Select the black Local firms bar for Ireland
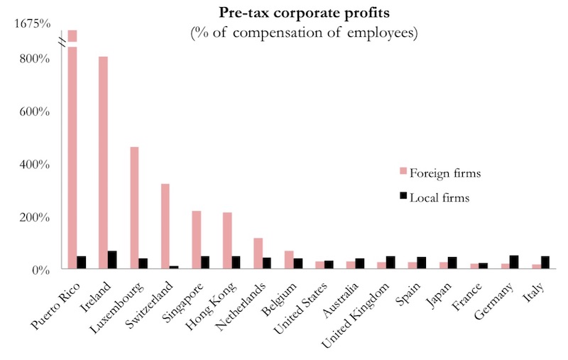[112, 260]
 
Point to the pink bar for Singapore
[197, 240]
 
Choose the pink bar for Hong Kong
[227, 241]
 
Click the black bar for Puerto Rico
[81, 263]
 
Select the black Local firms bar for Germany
[514, 262]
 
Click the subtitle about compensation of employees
[304, 33]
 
